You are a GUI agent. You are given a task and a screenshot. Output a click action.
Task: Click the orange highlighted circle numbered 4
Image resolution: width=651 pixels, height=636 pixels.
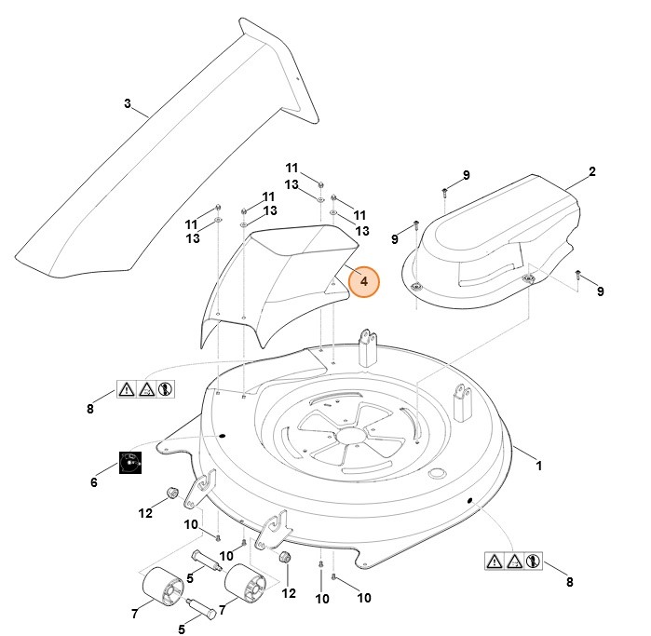pos(364,280)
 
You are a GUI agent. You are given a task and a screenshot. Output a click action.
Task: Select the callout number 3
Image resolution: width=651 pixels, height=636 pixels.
pos(128,103)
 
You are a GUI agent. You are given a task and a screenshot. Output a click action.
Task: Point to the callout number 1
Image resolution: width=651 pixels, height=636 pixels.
pos(538,463)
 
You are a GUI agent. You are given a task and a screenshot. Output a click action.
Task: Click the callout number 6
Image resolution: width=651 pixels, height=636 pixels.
pos(93,482)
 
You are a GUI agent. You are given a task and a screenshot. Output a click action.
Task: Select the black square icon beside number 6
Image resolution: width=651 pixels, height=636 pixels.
pos(131,463)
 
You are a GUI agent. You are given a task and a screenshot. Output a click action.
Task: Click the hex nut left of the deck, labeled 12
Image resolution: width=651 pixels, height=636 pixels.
pos(171,492)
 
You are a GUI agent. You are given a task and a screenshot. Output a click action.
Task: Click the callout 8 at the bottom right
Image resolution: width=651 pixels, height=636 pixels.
pos(569,583)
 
